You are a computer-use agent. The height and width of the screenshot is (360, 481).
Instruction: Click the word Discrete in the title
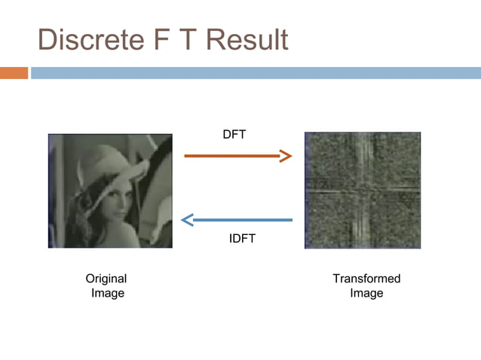click(x=90, y=40)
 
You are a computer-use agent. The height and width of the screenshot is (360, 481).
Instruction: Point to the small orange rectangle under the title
click(x=14, y=73)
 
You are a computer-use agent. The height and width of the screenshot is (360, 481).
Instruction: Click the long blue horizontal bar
click(x=255, y=73)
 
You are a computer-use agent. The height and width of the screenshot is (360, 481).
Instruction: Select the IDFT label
click(x=242, y=239)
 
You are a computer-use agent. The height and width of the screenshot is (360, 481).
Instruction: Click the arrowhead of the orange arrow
click(x=285, y=156)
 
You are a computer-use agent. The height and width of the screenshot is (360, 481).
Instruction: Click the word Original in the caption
click(x=106, y=279)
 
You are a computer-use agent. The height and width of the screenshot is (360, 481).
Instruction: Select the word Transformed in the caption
click(x=366, y=279)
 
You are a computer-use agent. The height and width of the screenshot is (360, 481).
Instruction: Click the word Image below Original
click(x=107, y=293)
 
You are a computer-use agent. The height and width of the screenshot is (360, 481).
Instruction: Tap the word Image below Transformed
click(x=366, y=293)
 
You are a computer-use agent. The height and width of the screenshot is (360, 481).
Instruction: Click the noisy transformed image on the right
click(x=362, y=190)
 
